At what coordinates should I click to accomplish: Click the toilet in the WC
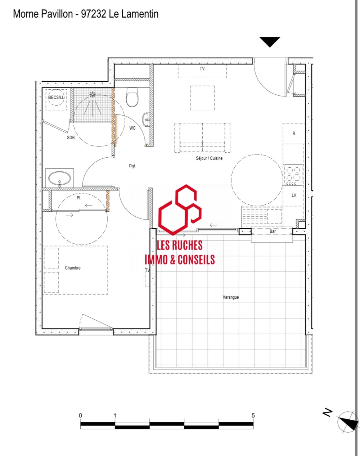coord(132,97)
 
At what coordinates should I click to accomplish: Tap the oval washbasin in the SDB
coord(59,179)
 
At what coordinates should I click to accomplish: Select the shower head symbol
coord(93,94)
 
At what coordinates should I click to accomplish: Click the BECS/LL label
coord(56,98)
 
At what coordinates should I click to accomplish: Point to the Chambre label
coord(73,268)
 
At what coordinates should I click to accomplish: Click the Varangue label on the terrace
coord(231,297)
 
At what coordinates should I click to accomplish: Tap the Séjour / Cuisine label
coord(209,158)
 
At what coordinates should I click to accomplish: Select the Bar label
coord(273,231)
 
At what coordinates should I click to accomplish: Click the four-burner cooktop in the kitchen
coord(293,175)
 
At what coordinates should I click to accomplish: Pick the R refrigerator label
coord(294,134)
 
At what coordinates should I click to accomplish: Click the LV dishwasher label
coord(294,195)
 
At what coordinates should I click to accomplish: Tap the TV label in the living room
coord(202,69)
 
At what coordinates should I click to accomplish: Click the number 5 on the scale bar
coord(253,416)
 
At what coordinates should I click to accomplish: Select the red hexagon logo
coord(180,210)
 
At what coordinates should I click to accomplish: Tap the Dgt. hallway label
coord(132,166)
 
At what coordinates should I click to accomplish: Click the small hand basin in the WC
coord(146,119)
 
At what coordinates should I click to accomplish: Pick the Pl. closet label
coord(79,198)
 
